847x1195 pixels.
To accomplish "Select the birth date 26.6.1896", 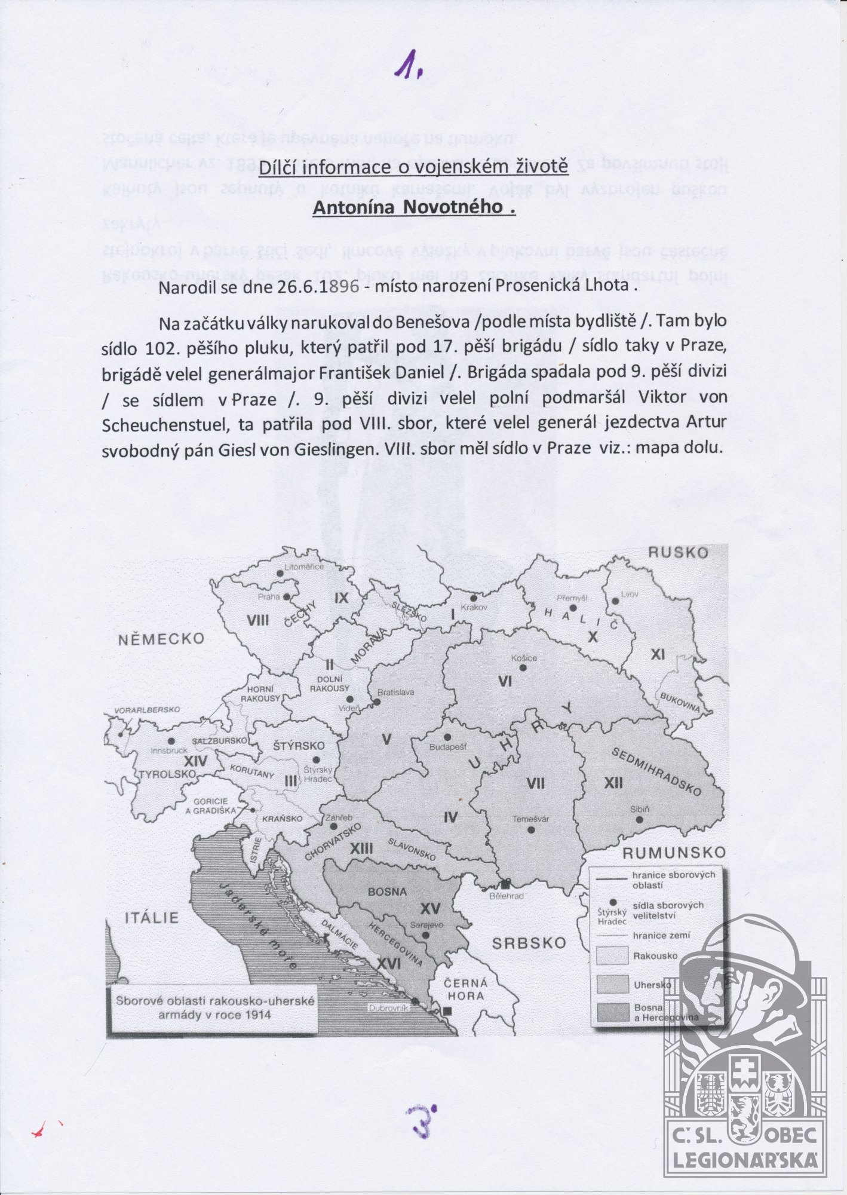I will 318,286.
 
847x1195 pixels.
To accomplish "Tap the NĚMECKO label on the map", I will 161,639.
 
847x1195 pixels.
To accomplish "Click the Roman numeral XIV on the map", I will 195,761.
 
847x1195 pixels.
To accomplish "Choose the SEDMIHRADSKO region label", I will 655,771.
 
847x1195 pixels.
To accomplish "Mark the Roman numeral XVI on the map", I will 389,963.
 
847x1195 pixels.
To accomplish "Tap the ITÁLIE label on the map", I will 152,918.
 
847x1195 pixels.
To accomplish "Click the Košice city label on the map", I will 524,658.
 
